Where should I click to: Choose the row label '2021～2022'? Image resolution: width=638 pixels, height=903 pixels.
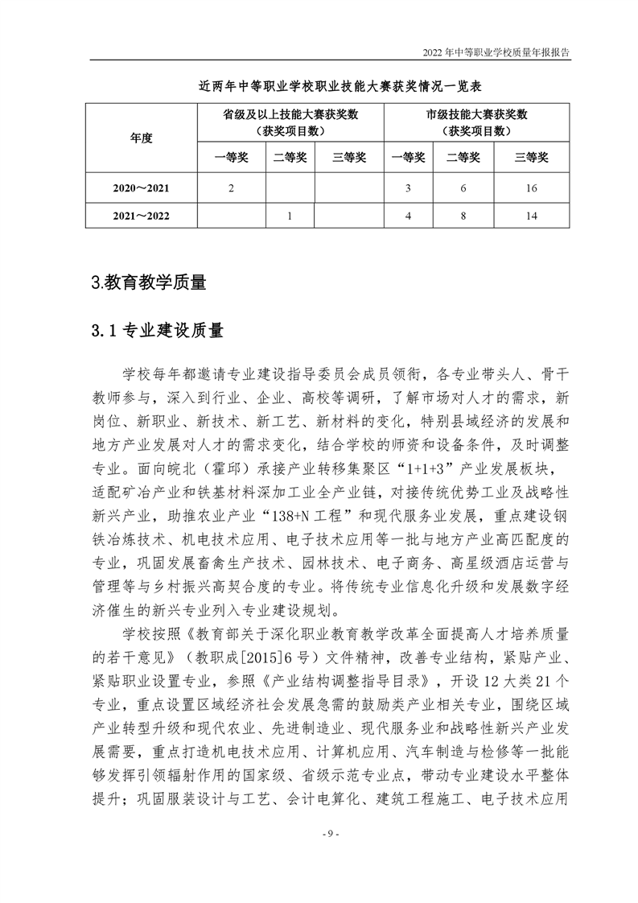pyautogui.click(x=141, y=216)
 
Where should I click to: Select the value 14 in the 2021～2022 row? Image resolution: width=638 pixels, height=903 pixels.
pyautogui.click(x=530, y=216)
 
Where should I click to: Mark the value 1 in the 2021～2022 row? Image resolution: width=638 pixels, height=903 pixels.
pyautogui.click(x=290, y=216)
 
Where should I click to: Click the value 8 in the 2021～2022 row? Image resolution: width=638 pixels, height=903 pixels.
pyautogui.click(x=463, y=216)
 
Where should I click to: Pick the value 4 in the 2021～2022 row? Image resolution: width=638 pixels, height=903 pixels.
pyautogui.click(x=409, y=216)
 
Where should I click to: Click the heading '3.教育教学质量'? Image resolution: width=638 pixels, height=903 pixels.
pyautogui.click(x=150, y=282)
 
